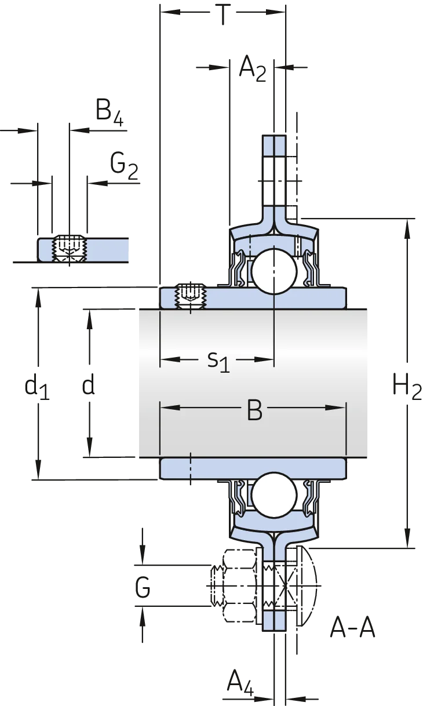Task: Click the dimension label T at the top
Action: point(223,14)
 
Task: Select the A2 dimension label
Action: point(253,69)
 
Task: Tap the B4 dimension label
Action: point(110,112)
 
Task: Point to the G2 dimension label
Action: point(124,166)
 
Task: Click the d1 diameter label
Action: point(37,388)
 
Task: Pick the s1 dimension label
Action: point(218,362)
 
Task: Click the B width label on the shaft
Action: point(254,410)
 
